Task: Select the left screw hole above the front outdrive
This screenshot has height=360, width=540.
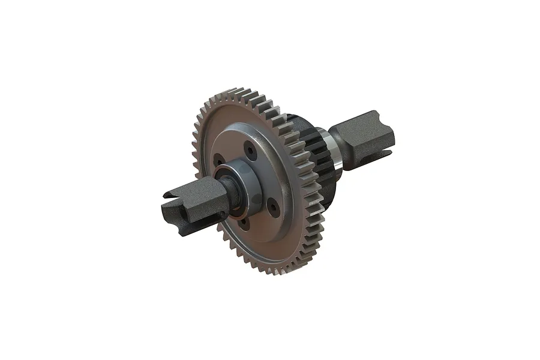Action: (219, 161)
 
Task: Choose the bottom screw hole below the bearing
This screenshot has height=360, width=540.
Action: (243, 223)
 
